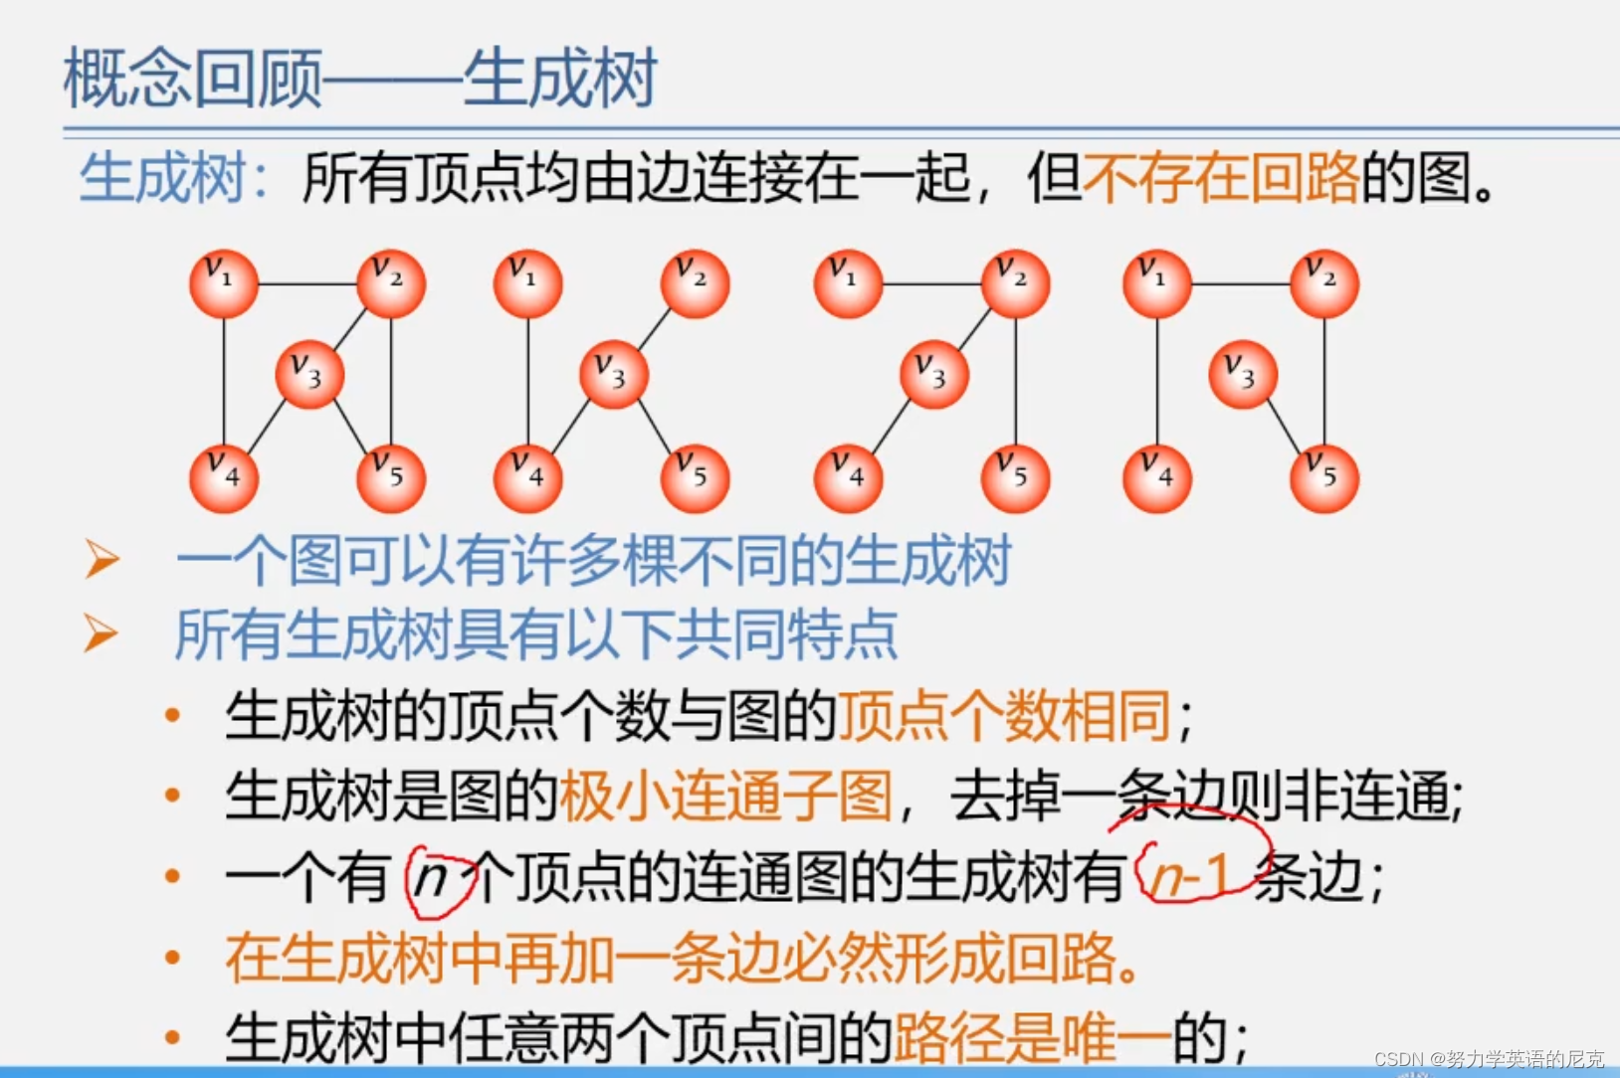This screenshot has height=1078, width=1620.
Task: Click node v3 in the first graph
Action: coord(309,374)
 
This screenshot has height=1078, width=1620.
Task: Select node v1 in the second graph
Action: coord(527,283)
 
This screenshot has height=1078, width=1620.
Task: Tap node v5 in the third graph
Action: coord(1015,478)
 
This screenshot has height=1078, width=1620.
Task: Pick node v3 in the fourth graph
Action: coord(1242,374)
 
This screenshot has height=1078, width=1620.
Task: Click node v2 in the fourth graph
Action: coord(1323,283)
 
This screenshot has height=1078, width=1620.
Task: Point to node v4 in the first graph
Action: coord(224,478)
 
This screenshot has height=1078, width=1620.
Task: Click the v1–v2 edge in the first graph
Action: coord(307,284)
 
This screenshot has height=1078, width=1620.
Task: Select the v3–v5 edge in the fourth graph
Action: coord(1284,428)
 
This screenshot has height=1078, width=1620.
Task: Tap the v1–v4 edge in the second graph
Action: coord(527,381)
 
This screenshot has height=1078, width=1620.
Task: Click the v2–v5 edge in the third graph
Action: coord(1015,381)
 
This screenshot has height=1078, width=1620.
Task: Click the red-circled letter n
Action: coord(433,878)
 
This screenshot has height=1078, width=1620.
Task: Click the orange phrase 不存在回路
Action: coord(1221,179)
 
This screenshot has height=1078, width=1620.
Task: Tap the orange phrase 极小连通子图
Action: coord(725,797)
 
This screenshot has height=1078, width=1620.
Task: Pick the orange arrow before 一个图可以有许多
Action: coord(101,559)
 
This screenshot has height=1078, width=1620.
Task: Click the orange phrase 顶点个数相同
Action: coord(1003,716)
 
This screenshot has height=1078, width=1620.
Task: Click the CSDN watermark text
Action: coord(1489,1059)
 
